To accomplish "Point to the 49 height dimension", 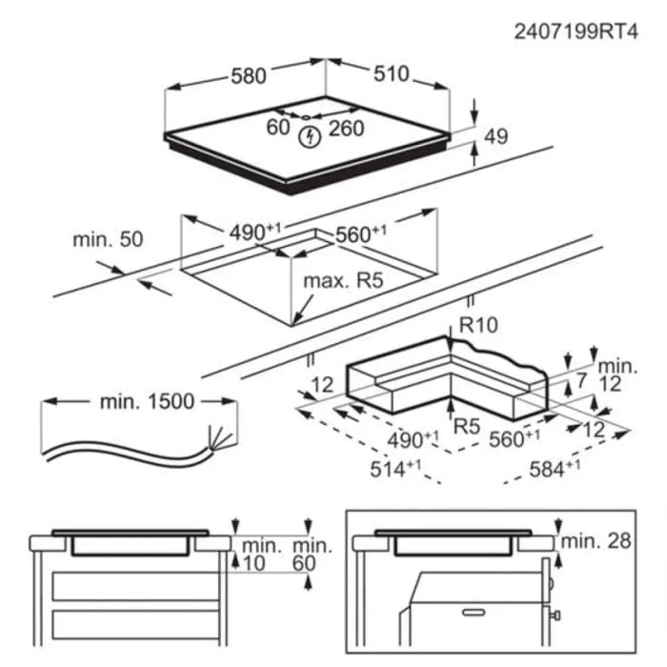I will tap(496, 136).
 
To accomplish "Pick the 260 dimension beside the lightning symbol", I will tap(346, 128).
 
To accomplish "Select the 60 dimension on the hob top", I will tap(277, 128).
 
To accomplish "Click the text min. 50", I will tap(108, 239).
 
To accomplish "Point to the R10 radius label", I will tap(478, 325).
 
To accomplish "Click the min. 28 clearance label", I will tap(596, 541).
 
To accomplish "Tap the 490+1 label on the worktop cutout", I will tap(253, 232).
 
